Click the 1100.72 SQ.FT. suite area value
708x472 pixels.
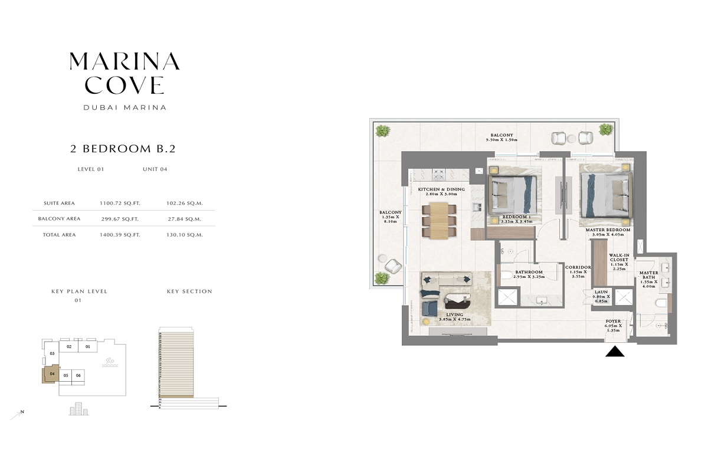pyautogui.click(x=120, y=203)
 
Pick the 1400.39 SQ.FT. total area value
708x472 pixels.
pyautogui.click(x=120, y=235)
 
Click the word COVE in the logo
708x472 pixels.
pyautogui.click(x=124, y=86)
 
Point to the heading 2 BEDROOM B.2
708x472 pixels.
pyautogui.click(x=123, y=149)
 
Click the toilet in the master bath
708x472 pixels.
pyautogui.click(x=662, y=303)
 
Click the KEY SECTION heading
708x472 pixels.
pyautogui.click(x=189, y=291)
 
